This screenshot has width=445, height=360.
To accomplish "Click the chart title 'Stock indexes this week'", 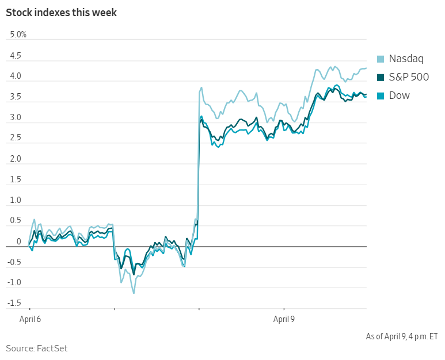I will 62,13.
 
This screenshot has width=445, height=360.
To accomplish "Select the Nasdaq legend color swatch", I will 381,59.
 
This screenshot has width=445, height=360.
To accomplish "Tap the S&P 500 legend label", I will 409,77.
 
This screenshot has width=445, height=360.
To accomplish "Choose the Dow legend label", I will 400,95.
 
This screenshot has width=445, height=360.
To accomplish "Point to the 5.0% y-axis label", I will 18,35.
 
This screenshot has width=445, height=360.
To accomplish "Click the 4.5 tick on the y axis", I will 16,56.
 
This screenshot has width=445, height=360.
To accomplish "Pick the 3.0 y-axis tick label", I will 16,118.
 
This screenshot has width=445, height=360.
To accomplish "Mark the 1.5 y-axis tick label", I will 16,179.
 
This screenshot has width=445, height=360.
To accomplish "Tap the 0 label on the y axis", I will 19,242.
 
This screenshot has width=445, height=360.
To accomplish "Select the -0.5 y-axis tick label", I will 14,262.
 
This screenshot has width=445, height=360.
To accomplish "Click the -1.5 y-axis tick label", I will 14,303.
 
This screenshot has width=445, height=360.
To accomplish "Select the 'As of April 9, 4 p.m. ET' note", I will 402,336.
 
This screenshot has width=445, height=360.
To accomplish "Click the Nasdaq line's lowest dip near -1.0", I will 134,293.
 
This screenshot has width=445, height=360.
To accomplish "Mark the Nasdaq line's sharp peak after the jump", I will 201,87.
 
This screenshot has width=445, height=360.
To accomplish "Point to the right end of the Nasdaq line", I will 366,68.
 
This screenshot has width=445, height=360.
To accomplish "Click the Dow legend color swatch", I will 381,95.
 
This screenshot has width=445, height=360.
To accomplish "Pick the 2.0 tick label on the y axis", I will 16,159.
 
